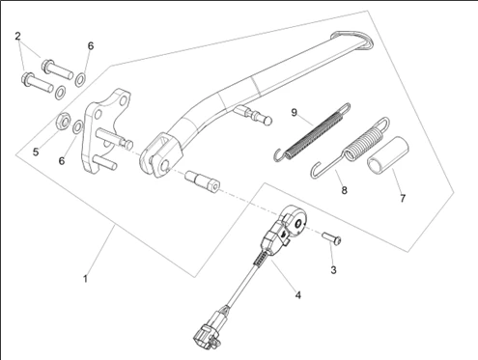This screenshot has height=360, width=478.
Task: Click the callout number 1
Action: (x=85, y=279)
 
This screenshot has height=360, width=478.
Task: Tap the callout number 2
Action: (x=17, y=36)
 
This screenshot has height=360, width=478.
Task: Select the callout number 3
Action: (x=333, y=270)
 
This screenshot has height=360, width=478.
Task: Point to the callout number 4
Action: (x=298, y=294)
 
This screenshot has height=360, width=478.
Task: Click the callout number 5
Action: (x=36, y=152)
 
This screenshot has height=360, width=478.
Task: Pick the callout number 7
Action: (x=403, y=198)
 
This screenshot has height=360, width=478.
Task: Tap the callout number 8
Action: (x=345, y=190)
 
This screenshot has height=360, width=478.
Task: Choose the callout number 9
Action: (x=294, y=113)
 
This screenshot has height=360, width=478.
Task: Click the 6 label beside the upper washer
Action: (x=91, y=46)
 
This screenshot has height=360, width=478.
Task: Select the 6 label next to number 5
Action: (x=62, y=161)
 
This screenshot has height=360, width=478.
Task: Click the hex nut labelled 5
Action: (x=63, y=121)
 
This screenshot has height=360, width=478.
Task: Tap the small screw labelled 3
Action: (x=332, y=238)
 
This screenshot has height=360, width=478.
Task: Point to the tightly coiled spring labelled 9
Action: (x=312, y=132)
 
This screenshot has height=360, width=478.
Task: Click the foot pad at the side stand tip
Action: (x=353, y=41)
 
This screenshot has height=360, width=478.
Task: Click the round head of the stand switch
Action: (x=295, y=219)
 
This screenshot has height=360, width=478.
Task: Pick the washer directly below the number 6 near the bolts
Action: (x=80, y=79)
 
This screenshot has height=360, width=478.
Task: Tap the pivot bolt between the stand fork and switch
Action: (x=202, y=181)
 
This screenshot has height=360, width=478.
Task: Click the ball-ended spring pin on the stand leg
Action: (x=253, y=114)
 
